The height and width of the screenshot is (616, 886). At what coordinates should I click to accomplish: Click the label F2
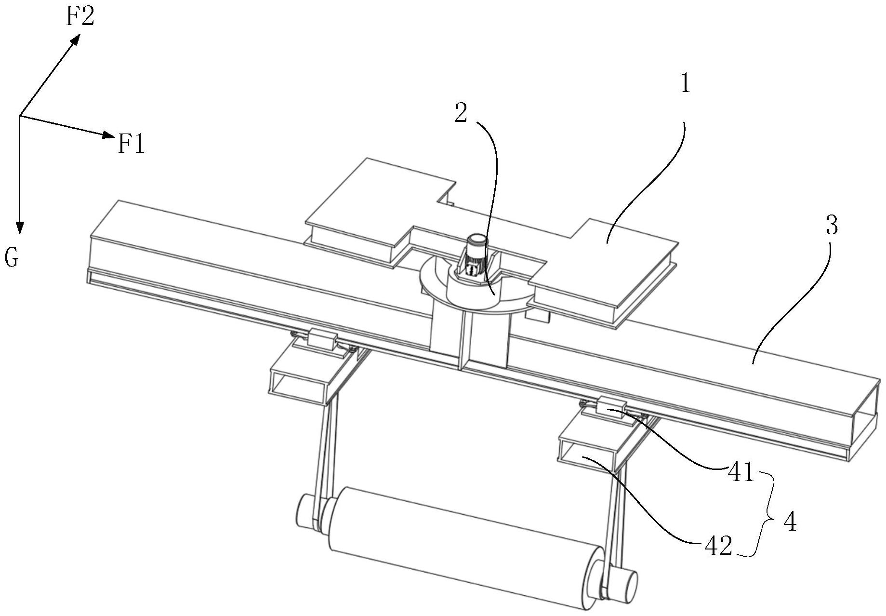pos(80,17)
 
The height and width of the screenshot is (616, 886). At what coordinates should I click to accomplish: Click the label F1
pos(132,144)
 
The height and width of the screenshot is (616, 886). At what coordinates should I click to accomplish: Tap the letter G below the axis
pos(12,258)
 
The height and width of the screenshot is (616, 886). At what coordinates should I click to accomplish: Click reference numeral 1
pos(685,84)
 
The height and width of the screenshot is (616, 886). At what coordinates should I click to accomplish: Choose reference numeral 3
pos(832,225)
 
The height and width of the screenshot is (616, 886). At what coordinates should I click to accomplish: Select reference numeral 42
pos(718,547)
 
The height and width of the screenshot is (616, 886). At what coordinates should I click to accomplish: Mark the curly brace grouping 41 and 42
pos(767,515)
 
